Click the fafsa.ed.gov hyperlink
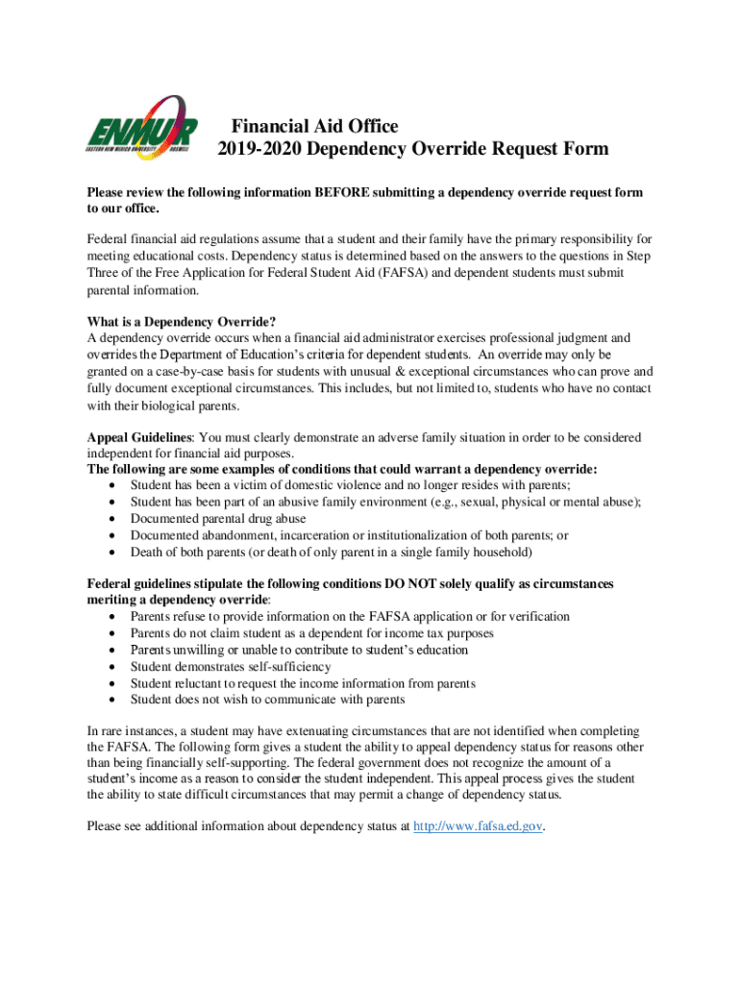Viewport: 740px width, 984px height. tap(478, 825)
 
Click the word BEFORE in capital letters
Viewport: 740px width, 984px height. tap(335, 192)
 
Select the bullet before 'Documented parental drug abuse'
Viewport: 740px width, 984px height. tap(115, 519)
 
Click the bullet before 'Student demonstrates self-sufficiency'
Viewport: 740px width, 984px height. tap(115, 667)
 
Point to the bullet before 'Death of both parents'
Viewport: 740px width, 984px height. tap(115, 553)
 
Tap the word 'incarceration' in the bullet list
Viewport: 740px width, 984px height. tap(308, 535)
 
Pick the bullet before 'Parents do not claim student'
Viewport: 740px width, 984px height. tap(115, 633)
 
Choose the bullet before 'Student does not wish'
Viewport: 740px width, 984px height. tap(115, 700)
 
